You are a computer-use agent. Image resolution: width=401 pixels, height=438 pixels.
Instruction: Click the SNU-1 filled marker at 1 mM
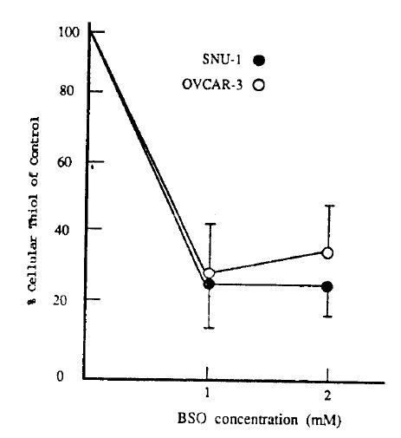click(x=209, y=284)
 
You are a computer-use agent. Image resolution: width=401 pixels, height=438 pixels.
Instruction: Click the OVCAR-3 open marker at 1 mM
click(x=209, y=273)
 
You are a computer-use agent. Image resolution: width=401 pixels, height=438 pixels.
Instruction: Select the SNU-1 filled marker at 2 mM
click(x=327, y=287)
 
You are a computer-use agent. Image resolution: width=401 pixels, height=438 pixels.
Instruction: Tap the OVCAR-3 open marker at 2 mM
click(x=327, y=252)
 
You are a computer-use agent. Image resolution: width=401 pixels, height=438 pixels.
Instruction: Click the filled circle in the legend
click(x=258, y=60)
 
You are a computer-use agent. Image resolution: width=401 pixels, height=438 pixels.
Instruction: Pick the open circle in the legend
click(x=258, y=84)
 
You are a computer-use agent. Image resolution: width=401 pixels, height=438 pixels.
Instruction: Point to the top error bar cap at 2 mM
click(x=327, y=206)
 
